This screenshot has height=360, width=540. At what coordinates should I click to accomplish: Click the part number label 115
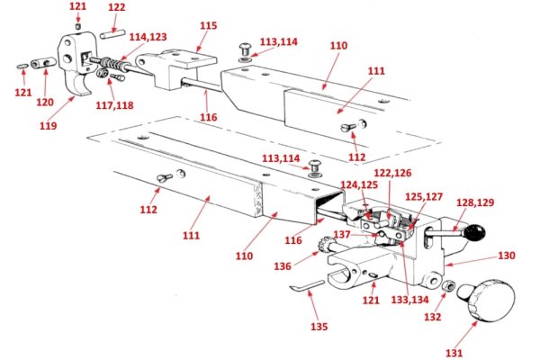[x=208, y=27]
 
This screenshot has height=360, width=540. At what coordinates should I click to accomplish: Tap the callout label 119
[x=48, y=125]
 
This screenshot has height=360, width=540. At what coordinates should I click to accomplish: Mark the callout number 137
[x=343, y=234]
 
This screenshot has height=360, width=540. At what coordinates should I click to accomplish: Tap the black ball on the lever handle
[x=475, y=236]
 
